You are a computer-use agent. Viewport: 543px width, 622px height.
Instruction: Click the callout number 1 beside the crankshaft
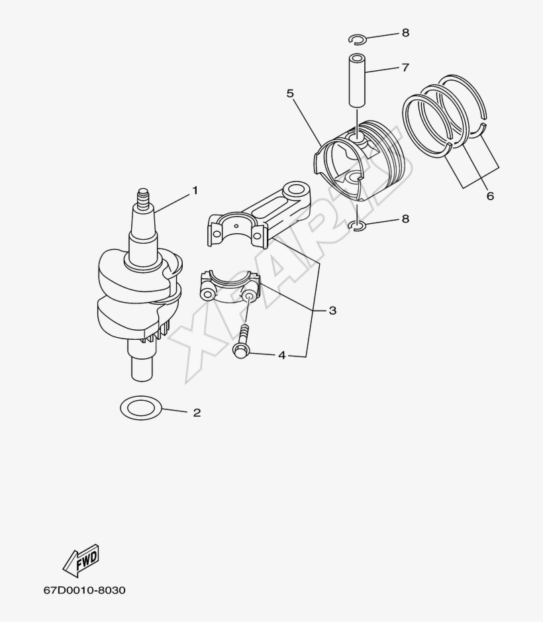195,190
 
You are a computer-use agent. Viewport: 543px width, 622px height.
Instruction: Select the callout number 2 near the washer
196,413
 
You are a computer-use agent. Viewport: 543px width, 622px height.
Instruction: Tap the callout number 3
332,310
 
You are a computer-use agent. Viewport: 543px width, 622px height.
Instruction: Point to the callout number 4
281,356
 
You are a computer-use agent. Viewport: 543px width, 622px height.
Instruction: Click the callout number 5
290,93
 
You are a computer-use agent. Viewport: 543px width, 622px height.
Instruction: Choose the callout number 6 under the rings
489,196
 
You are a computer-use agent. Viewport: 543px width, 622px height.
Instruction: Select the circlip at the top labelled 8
358,38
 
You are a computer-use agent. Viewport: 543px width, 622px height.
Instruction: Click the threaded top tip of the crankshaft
142,197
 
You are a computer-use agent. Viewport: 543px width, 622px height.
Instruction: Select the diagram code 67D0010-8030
85,590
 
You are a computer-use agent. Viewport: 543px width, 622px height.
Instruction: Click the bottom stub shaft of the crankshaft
142,366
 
